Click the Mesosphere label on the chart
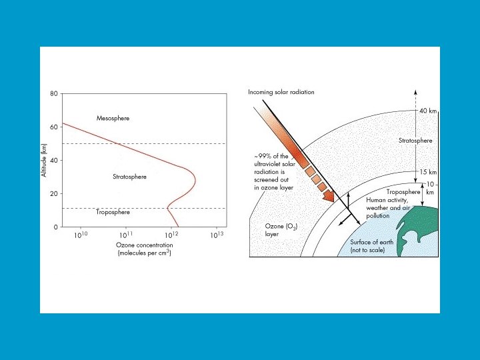[x=113, y=118]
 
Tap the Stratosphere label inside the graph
[x=129, y=177]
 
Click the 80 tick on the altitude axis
[x=53, y=94]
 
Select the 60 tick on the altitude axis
[x=53, y=127]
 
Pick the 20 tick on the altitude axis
[x=53, y=193]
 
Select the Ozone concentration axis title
[x=143, y=249]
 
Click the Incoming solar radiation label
[x=281, y=92]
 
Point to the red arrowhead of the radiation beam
[x=327, y=197]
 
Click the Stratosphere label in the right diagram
[x=415, y=141]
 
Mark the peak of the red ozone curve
[x=195, y=179]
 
